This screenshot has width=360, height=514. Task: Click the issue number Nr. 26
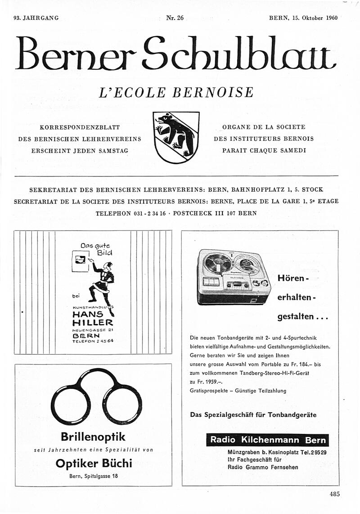pos(175,18)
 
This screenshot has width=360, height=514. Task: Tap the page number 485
pos(334,494)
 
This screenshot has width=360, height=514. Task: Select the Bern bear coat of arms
pos(176,138)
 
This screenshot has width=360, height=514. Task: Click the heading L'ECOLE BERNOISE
pos(176,92)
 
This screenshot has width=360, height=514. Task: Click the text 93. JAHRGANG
pos(36,18)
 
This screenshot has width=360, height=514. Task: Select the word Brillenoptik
pos(93,437)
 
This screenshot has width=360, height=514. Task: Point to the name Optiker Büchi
pos(94,463)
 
